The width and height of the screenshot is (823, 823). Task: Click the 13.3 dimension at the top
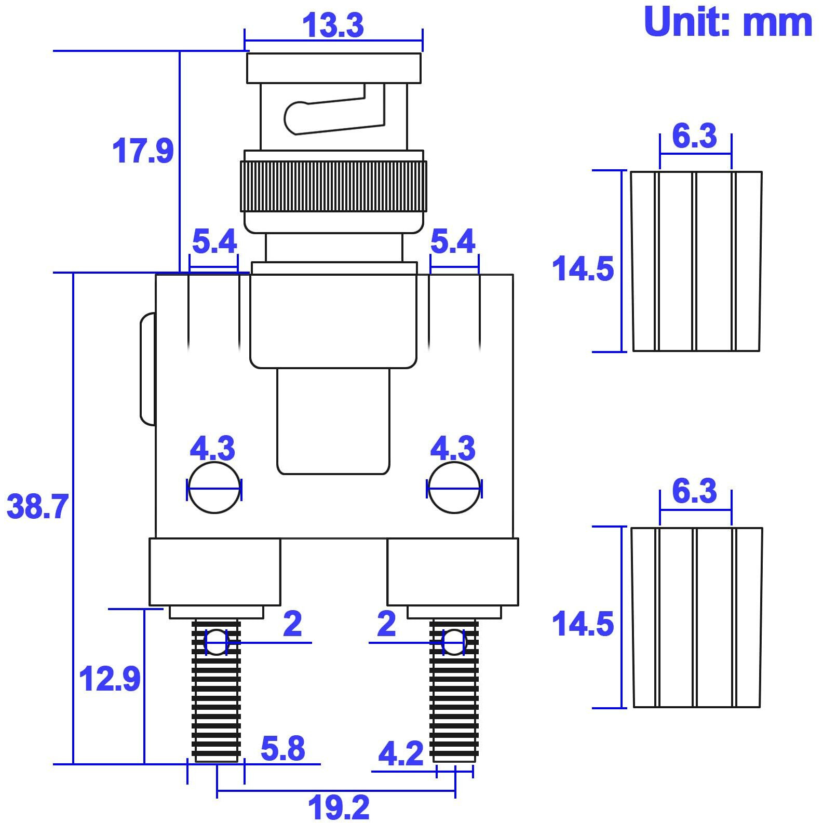point(333,24)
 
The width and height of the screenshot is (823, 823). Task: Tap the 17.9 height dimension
point(143,151)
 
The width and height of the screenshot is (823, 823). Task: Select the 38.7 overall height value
point(37,506)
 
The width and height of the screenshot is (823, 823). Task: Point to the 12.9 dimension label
point(110,678)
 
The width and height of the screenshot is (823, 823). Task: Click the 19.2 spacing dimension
point(339,807)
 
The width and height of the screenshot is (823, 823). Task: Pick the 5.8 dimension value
point(282,748)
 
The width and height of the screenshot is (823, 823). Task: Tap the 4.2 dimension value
point(400,753)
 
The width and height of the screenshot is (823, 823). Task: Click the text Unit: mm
point(727,22)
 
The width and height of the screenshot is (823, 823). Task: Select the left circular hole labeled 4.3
point(214,488)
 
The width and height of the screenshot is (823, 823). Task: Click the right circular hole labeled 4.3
point(454,488)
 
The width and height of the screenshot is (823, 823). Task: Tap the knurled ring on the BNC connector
point(333,186)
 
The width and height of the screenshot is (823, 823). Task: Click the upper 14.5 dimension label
point(583,268)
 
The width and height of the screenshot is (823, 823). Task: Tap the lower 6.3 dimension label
point(694,491)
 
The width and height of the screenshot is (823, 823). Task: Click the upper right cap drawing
point(696,261)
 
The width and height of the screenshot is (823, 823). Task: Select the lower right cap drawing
point(696,617)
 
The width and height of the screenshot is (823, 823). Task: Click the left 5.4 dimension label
point(214,241)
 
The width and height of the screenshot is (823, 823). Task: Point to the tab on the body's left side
point(148,369)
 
